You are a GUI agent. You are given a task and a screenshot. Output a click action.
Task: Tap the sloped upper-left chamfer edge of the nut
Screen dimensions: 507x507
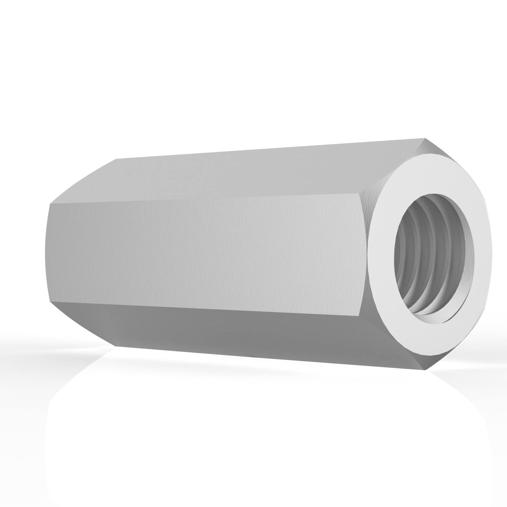pyautogui.click(x=82, y=181)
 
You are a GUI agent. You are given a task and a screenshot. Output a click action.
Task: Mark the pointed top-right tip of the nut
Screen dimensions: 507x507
pyautogui.click(x=424, y=138)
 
